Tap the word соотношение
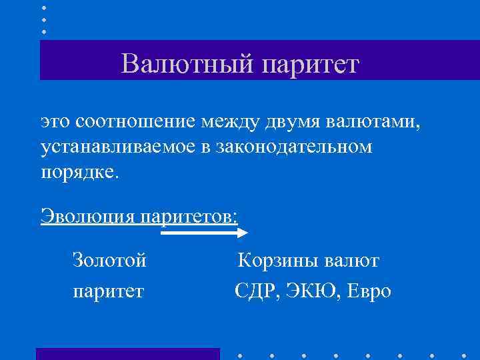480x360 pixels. (x=135, y=122)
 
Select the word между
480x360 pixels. (x=227, y=122)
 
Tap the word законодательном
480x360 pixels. (x=294, y=146)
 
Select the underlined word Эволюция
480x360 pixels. (x=87, y=216)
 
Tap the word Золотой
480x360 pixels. (x=109, y=260)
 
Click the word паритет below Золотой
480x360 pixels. (x=108, y=291)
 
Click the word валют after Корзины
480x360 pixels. (x=353, y=260)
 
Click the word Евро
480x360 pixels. (x=369, y=291)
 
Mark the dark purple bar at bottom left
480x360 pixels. (x=127, y=354)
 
